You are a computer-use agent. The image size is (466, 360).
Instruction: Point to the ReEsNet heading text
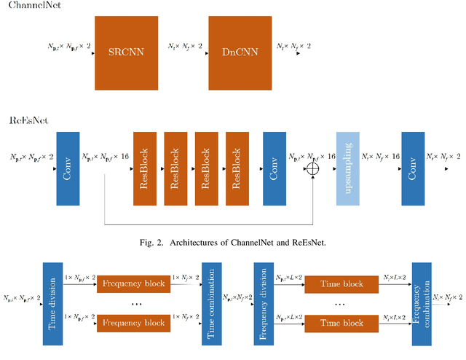click(x=29, y=120)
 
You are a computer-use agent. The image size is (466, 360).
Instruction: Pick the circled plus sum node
click(x=315, y=168)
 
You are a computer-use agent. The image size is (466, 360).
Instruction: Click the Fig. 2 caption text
click(x=232, y=243)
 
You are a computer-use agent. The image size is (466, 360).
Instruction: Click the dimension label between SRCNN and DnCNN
click(x=182, y=45)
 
